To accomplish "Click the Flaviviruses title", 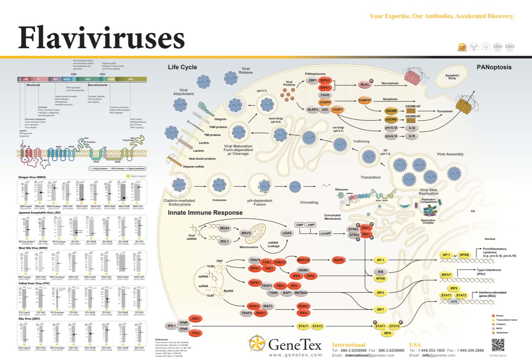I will coord(101,38).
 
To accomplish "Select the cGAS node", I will coord(286,233).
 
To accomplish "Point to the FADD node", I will coord(325,95).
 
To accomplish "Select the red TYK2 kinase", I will coord(195,333).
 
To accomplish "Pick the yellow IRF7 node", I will coord(380,309).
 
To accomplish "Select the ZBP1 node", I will coord(313,80).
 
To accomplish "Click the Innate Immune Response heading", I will coord(205,213).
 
